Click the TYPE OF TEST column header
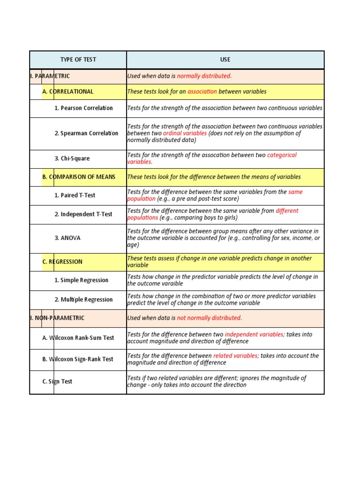pos(78,60)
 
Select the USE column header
pos(225,60)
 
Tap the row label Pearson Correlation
pos(83,108)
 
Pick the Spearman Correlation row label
pos(86,133)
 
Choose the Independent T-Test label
pos(83,214)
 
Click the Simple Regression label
pos(81,280)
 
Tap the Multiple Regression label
pos(83,300)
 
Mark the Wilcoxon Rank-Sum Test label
pos(78,337)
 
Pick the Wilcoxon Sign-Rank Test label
pos(78,359)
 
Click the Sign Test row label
pos(57,382)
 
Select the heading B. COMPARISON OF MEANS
pos(79,177)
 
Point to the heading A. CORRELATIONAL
pos(68,91)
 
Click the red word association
pos(202,91)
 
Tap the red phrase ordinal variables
pos(185,133)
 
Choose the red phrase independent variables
pos(254,334)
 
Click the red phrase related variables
pos(235,356)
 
